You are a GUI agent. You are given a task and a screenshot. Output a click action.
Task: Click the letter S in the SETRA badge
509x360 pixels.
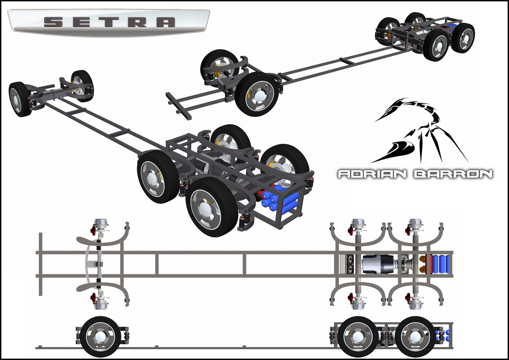(x=53, y=22)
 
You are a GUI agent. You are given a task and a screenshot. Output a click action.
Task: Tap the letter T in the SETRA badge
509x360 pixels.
(x=110, y=22)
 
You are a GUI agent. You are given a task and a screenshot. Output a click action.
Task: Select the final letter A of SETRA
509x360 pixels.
(x=166, y=22)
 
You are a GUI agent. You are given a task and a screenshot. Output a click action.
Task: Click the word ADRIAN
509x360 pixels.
(x=372, y=174)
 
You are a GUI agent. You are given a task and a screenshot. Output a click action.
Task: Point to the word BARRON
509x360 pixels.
(x=453, y=174)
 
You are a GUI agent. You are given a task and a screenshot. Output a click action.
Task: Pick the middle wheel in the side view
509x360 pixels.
(x=357, y=337)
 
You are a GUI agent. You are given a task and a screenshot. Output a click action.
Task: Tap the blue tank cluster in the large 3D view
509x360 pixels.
(x=280, y=200)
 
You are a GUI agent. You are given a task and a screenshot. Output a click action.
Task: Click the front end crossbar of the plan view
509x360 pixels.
(x=41, y=264)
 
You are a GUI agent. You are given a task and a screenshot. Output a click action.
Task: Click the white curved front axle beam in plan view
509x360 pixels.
(x=87, y=264)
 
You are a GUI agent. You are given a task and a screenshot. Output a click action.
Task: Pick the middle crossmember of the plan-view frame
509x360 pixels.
(x=245, y=264)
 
